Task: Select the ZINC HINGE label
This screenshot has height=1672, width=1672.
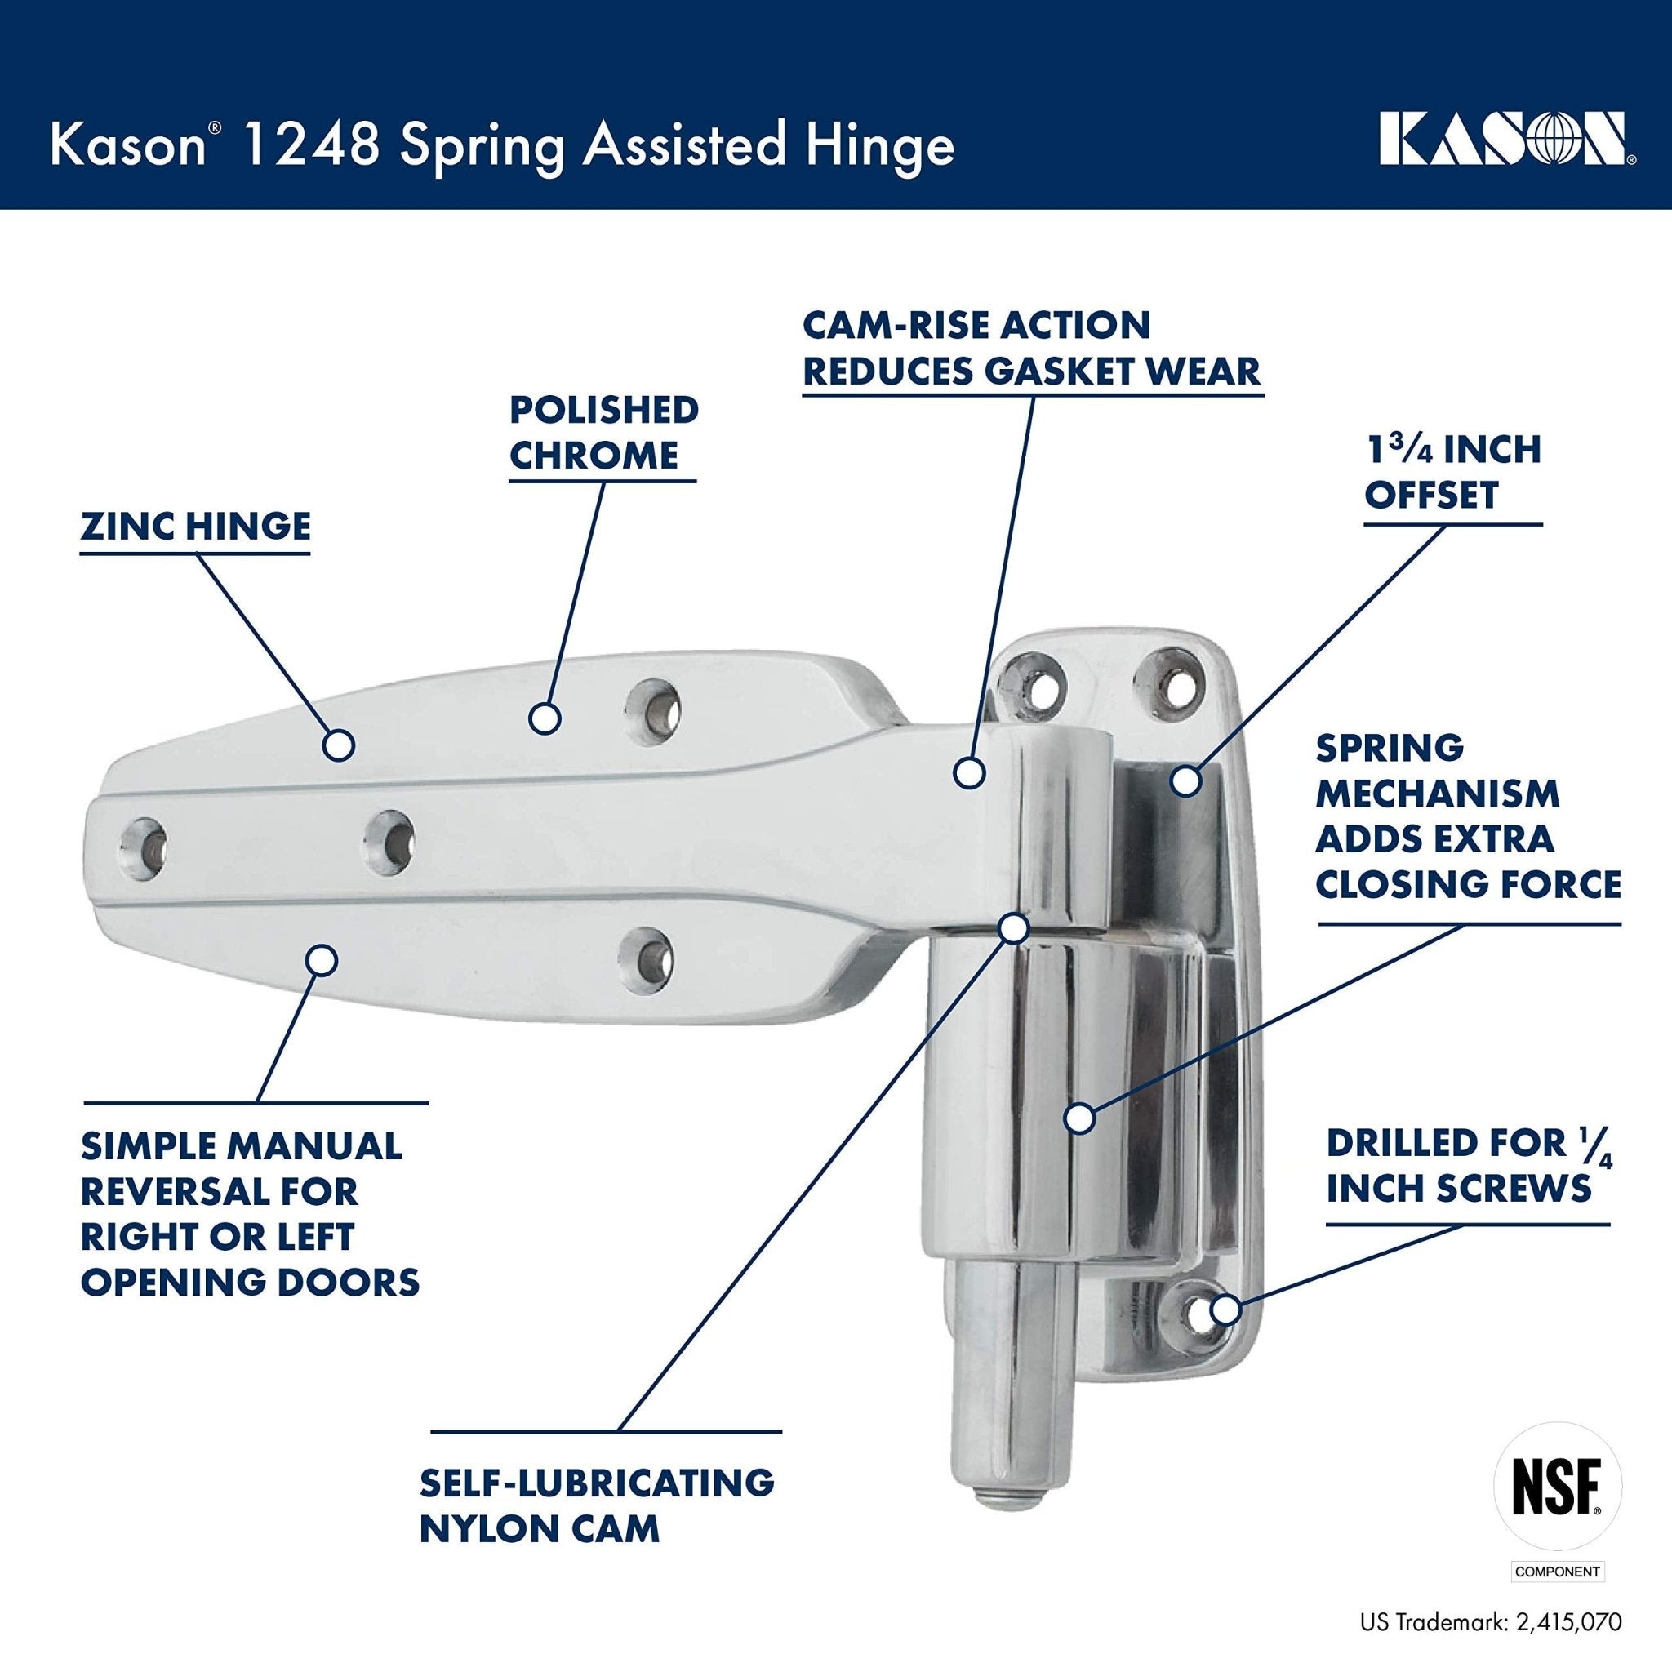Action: coord(196,527)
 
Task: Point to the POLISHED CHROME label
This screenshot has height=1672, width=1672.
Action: coord(603,433)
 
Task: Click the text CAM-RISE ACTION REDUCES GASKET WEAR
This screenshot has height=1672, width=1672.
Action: coord(1031,348)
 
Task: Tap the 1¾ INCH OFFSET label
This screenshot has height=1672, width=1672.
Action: coord(1453,473)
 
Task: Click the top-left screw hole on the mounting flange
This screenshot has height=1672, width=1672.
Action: coord(1035,683)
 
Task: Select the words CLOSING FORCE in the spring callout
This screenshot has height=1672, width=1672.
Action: coord(1469,885)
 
